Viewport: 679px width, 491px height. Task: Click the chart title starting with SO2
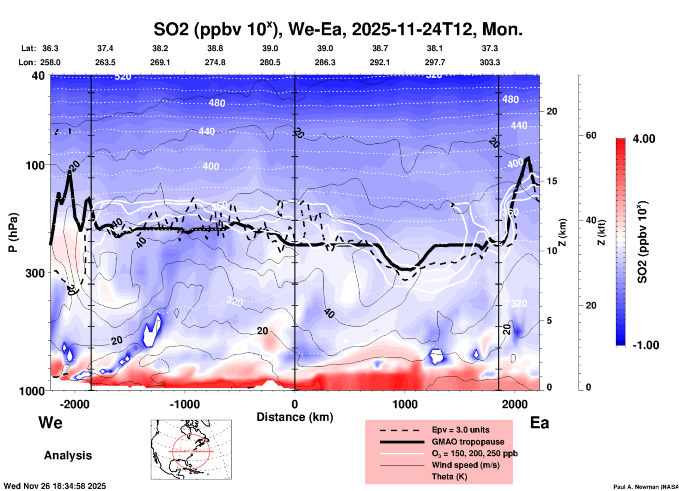[x=338, y=30]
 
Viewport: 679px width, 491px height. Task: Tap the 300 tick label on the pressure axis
[x=35, y=273]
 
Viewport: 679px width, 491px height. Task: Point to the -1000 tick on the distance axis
[x=185, y=404]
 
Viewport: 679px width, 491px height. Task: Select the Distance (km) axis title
[x=295, y=417]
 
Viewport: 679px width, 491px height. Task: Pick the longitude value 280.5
[x=270, y=62]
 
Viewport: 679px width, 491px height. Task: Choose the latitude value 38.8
[x=215, y=48]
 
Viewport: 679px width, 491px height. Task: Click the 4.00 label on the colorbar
[x=644, y=139]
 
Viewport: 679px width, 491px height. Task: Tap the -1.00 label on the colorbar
[x=645, y=345]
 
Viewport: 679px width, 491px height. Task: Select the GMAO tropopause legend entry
[x=468, y=442]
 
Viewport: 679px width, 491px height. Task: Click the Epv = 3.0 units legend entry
[x=460, y=430]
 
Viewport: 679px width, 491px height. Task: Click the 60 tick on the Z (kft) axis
[x=591, y=135]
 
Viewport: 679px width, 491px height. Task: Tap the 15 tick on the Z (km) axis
[x=552, y=181]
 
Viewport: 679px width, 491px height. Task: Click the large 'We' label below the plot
[x=50, y=422]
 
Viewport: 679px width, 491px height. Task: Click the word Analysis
[x=68, y=455]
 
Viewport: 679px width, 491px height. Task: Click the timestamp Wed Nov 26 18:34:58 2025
[x=55, y=486]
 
